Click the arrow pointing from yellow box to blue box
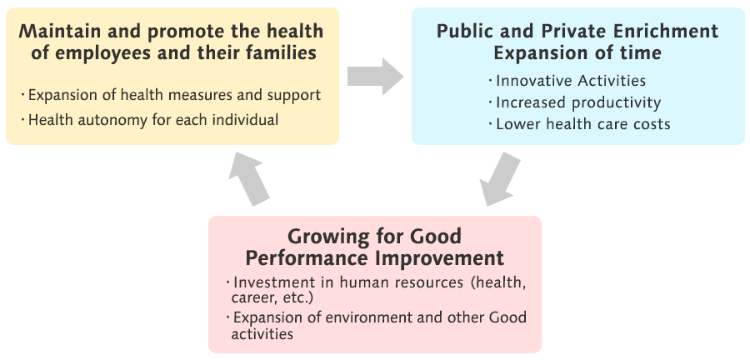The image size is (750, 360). coord(375,77)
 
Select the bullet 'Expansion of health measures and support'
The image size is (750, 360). coord(173,94)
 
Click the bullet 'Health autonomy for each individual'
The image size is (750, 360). coord(152,119)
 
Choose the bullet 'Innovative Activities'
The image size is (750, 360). coord(571,81)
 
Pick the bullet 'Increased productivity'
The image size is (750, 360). coord(577,102)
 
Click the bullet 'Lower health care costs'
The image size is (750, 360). coord(582,124)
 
